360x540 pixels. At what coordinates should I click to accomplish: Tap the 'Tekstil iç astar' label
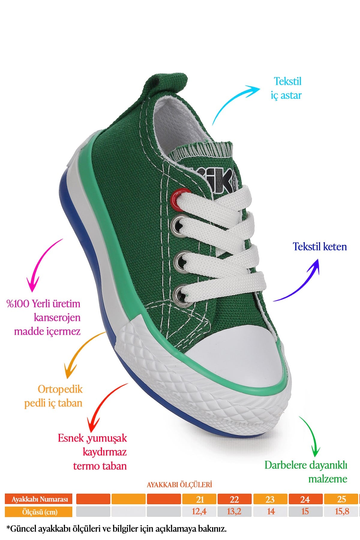pyautogui.click(x=286, y=88)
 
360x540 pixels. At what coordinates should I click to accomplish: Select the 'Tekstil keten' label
pyautogui.click(x=320, y=247)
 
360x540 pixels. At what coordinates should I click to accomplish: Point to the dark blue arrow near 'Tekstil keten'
pyautogui.click(x=303, y=285)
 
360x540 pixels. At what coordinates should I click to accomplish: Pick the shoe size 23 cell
pyautogui.click(x=270, y=499)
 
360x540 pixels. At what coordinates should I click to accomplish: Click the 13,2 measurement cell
pyautogui.click(x=234, y=511)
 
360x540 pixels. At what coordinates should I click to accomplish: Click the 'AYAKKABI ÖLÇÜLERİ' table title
pyautogui.click(x=179, y=485)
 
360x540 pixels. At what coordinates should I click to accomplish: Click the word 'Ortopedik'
pyautogui.click(x=60, y=389)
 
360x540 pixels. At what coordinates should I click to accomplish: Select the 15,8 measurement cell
pyautogui.click(x=341, y=511)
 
